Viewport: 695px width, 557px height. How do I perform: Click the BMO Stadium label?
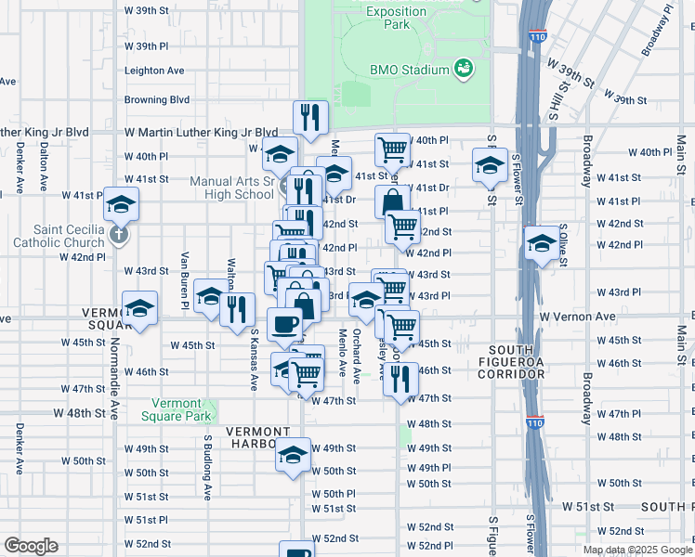coord(410,70)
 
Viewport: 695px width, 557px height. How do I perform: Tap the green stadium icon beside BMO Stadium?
coord(462,69)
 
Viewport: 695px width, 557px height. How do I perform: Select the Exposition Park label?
coord(396,17)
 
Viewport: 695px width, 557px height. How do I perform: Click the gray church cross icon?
coord(118,233)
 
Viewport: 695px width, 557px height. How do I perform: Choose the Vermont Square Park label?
coord(177,409)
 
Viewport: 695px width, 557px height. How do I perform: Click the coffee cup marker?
coord(285,325)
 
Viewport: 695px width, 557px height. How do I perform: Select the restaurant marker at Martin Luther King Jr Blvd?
coord(308,117)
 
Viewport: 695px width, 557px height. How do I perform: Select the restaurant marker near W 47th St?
coord(400,378)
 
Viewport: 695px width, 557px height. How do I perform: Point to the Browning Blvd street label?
coord(157,99)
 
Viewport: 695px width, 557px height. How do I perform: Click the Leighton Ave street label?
coord(154,70)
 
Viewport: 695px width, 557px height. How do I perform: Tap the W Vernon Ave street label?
coord(578,317)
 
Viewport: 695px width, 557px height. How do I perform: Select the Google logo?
coord(32,546)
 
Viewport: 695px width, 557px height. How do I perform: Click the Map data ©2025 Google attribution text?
coord(638,550)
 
